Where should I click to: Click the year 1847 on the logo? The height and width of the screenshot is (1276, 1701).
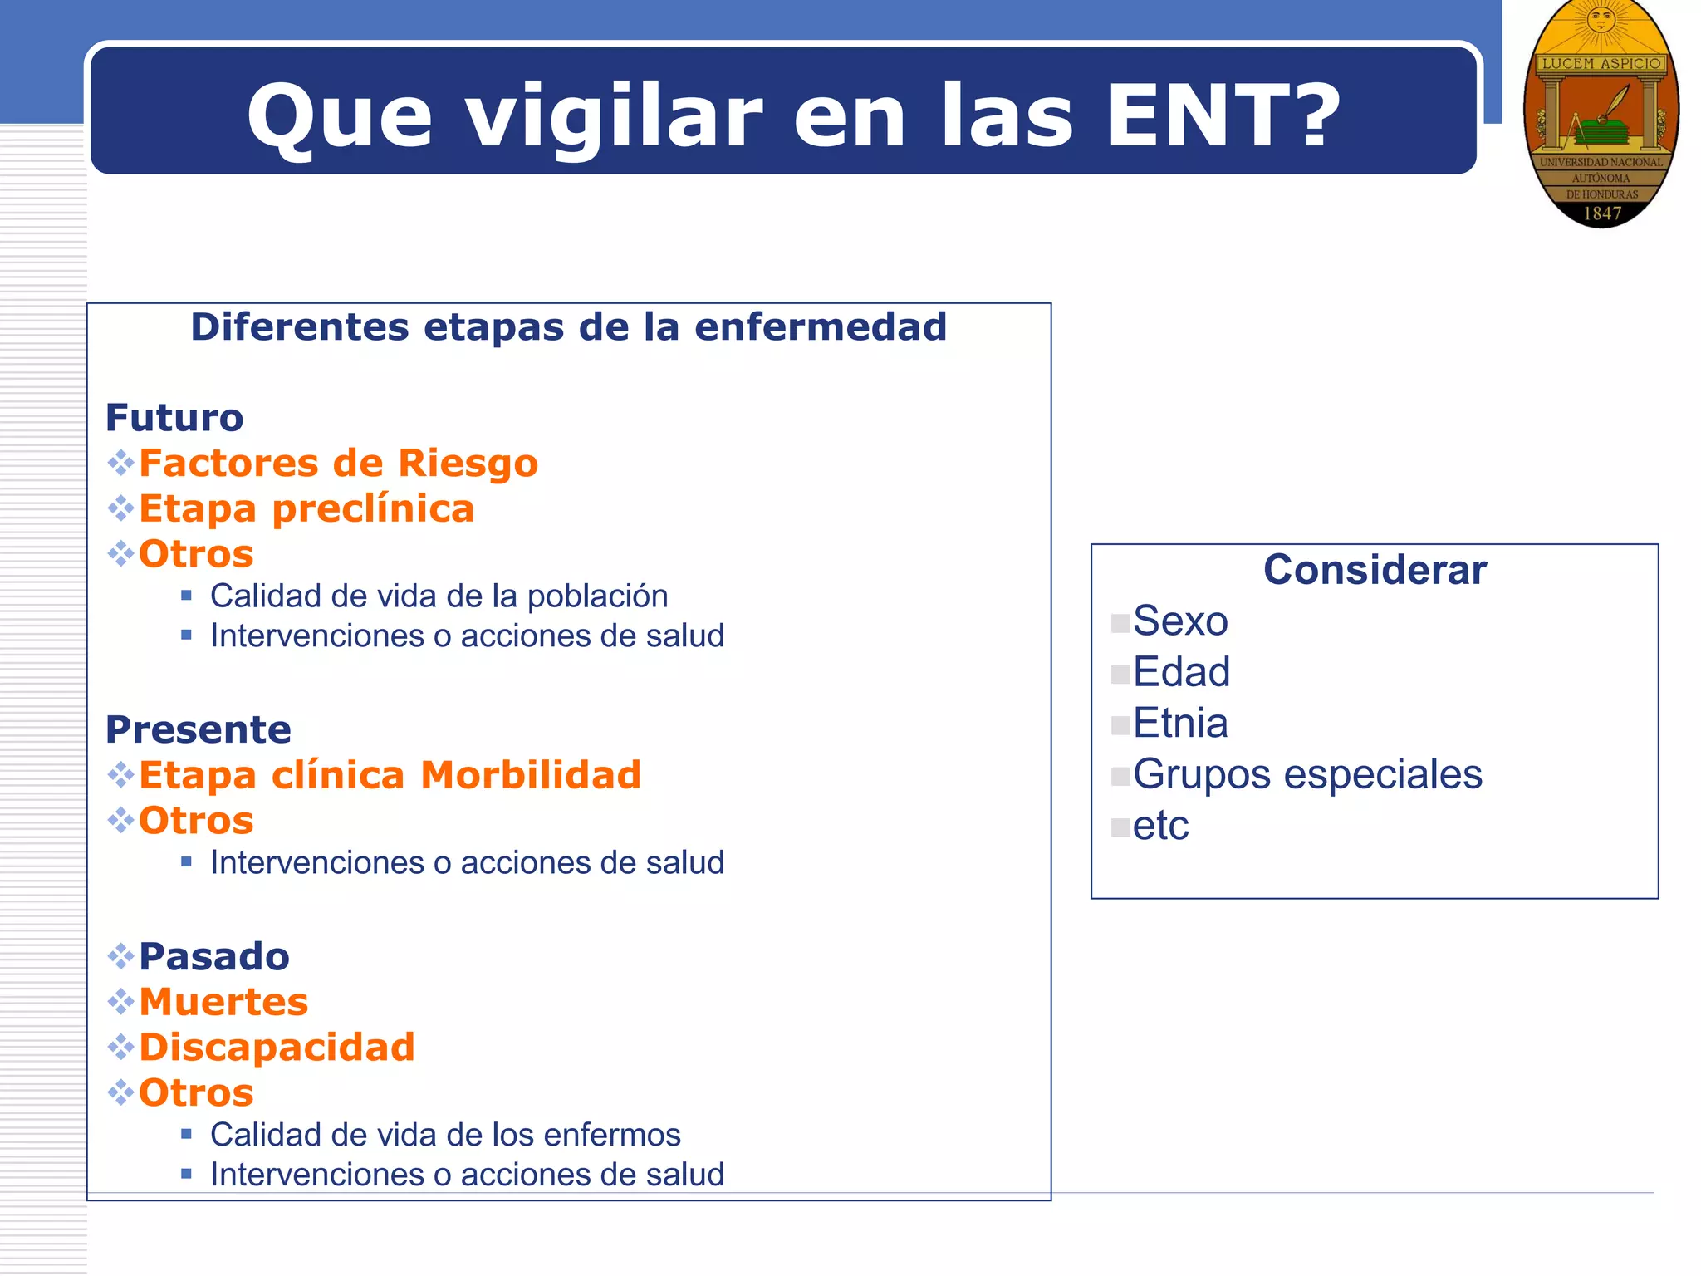(1602, 213)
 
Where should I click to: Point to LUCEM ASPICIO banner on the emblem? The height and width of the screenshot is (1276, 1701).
(1601, 63)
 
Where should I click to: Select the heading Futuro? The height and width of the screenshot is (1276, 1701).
(174, 418)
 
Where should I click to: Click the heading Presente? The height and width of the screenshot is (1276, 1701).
(199, 729)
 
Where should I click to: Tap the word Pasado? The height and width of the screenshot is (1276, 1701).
(214, 956)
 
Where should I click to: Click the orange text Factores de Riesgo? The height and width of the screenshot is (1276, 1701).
(338, 463)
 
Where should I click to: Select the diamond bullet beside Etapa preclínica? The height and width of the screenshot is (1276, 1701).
(120, 508)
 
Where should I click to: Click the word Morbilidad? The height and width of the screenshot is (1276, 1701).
(531, 775)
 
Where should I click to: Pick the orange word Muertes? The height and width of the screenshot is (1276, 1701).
(223, 1002)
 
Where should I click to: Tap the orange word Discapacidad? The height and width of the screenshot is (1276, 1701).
(277, 1047)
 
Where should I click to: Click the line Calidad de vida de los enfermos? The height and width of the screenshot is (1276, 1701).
(445, 1135)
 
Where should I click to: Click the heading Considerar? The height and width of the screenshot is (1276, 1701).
(1375, 570)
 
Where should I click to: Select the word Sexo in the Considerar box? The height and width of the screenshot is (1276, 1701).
(1180, 621)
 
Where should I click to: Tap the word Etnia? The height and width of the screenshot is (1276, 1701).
(1180, 724)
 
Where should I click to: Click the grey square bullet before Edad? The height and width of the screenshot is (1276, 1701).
(1120, 674)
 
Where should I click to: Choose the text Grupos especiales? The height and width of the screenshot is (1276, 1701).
(1307, 774)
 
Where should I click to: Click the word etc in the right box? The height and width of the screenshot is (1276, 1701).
(1160, 826)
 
